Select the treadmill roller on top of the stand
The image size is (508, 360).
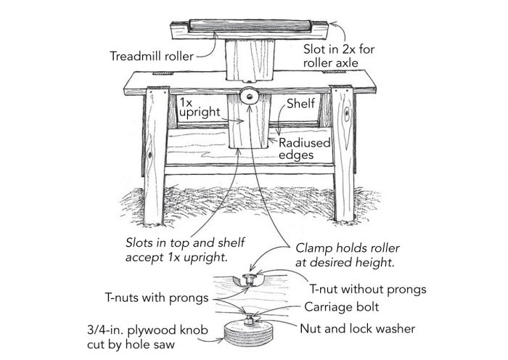(x=246, y=27)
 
